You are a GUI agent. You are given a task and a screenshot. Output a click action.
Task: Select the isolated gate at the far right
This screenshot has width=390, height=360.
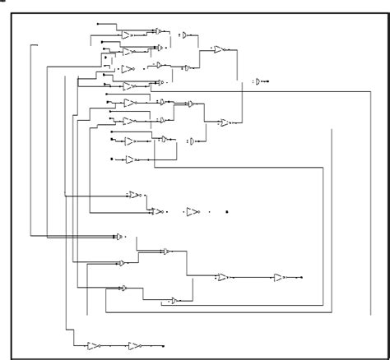coord(259,81)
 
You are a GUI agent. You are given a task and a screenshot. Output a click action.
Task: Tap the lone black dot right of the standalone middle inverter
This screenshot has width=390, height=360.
coord(227,212)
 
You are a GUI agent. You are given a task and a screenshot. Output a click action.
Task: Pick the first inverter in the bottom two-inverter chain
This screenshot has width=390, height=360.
coord(93,345)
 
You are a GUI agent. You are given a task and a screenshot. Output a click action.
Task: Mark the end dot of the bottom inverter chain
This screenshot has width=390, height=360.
coord(162,345)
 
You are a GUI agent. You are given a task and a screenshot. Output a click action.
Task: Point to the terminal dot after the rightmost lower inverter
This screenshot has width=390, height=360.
coord(301,278)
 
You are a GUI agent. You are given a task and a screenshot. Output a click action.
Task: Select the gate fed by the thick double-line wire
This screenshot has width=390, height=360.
coord(120,237)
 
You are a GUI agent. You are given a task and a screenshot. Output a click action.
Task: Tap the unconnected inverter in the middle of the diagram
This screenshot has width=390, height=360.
coord(192,212)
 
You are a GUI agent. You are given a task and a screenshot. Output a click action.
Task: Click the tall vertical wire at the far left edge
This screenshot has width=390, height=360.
coord(31,140)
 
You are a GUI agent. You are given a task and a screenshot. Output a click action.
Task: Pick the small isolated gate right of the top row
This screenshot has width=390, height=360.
coord(186,35)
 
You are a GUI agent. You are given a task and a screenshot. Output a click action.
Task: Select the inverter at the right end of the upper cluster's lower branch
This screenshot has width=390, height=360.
coord(224,122)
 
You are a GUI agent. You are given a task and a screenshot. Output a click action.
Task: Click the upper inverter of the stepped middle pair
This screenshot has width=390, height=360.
coord(133,196)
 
